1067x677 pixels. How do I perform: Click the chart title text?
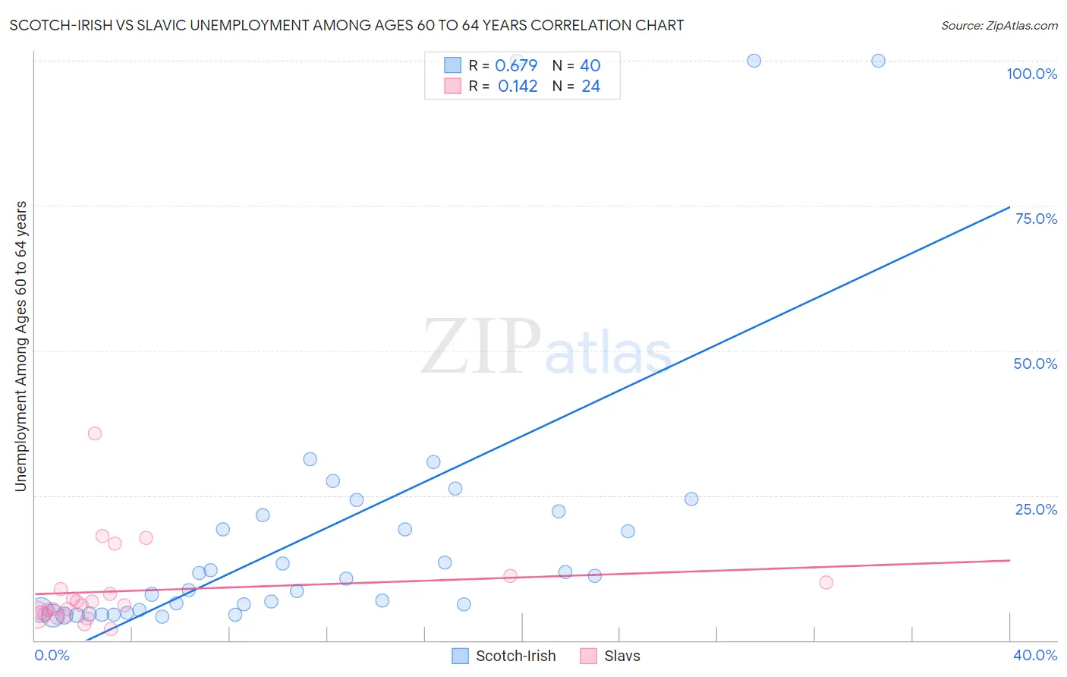pos(346,25)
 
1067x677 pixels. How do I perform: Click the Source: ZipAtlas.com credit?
pos(999,25)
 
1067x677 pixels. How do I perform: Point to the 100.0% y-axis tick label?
pos(1031,74)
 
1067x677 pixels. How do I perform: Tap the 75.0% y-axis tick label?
pos(1036,219)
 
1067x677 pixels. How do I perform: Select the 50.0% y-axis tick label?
pos(1035,364)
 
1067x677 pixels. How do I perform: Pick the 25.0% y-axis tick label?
pos(1036,509)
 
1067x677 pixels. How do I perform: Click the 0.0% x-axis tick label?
pos(52,655)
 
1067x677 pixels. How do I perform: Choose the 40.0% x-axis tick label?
pos(1034,655)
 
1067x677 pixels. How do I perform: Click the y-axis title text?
pos(20,346)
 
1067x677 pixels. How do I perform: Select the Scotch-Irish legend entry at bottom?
pos(504,656)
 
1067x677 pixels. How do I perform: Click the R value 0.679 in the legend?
pos(516,65)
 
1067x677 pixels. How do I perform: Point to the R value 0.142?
pos(518,87)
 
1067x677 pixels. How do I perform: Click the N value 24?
pos(590,87)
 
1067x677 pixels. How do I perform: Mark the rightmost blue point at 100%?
pos(878,61)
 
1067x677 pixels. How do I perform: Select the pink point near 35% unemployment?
pos(95,433)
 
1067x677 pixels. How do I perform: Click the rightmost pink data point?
pos(826,583)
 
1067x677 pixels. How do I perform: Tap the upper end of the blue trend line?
pos(1009,207)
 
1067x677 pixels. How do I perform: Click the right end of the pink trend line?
pos(1009,560)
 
